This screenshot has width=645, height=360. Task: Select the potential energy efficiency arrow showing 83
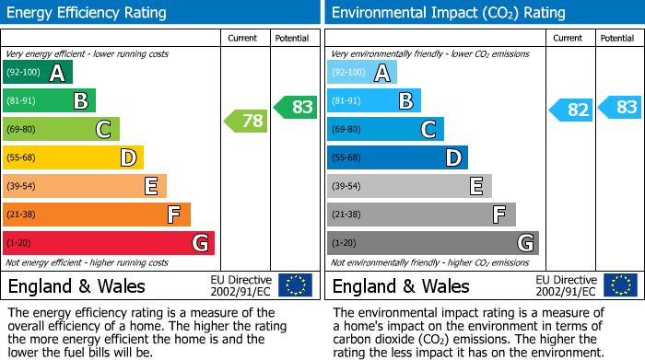tap(296, 107)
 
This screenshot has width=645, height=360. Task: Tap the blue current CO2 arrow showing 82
tap(570, 110)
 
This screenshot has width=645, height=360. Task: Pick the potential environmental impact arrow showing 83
tap(620, 107)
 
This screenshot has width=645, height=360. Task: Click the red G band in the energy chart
tap(109, 243)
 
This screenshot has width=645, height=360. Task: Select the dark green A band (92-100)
tap(38, 73)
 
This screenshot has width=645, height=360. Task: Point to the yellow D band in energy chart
tap(74, 158)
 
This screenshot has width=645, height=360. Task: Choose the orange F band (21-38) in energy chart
tap(97, 215)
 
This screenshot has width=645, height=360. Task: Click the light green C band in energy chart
tap(62, 130)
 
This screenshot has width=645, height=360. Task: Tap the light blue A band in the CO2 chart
tap(362, 73)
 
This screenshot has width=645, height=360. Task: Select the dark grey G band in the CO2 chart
tap(433, 243)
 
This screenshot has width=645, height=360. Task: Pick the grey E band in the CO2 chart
tap(409, 186)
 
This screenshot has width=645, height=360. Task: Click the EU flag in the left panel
tap(295, 285)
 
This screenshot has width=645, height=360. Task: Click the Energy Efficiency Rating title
tap(88, 13)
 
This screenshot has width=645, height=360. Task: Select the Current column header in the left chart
tap(244, 38)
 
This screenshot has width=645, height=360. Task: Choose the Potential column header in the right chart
tap(617, 38)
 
